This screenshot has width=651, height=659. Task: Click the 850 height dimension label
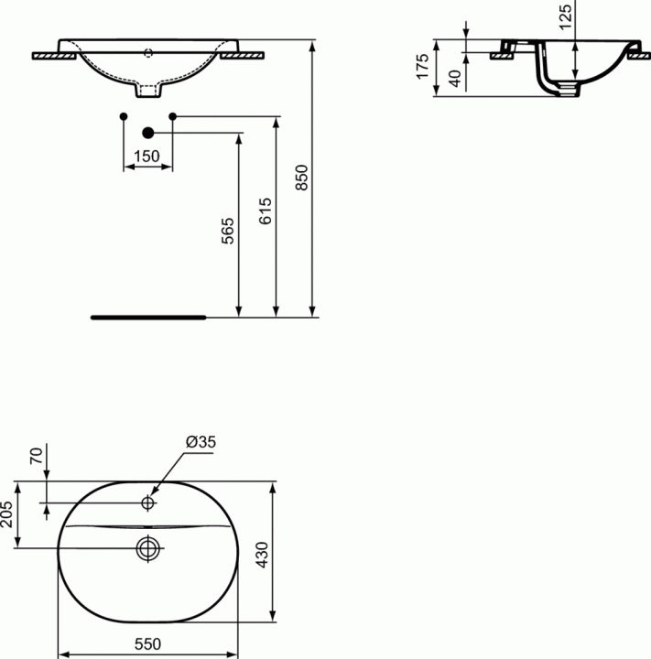coord(301,178)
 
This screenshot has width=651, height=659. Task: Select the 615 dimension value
coord(265,211)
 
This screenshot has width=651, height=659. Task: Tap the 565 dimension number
coord(227,231)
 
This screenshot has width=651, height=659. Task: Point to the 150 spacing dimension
coord(146,157)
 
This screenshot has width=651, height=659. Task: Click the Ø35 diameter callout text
coord(201,442)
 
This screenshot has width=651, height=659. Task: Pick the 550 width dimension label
coord(147,643)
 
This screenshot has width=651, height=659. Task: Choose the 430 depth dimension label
coord(262,555)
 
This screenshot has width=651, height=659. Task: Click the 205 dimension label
coord(7,514)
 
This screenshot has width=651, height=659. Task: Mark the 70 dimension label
coord(37,456)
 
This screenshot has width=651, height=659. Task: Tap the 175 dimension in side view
coord(422,66)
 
